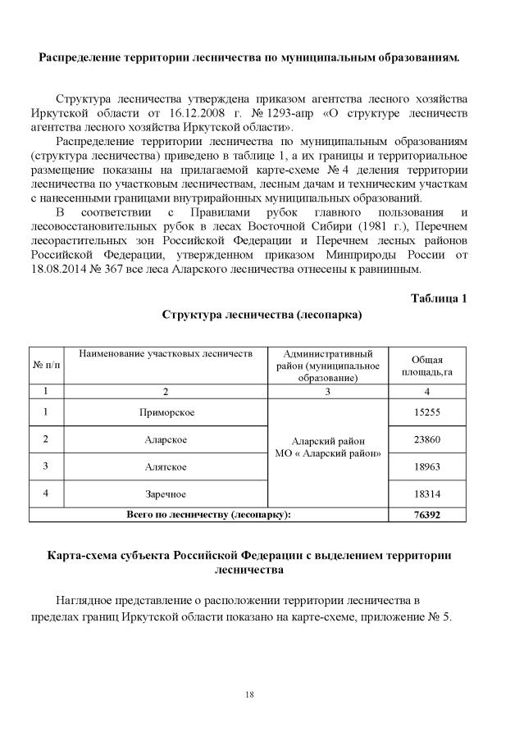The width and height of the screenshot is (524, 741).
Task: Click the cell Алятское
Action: click(x=166, y=466)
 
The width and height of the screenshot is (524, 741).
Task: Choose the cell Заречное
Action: click(x=166, y=493)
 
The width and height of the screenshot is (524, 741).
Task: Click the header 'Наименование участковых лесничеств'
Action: click(x=166, y=353)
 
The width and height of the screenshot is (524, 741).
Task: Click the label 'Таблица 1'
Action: click(x=439, y=298)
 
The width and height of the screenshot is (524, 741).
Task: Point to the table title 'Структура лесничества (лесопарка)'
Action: click(x=262, y=314)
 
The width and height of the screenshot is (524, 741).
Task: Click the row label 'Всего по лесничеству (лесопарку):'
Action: click(x=209, y=514)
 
